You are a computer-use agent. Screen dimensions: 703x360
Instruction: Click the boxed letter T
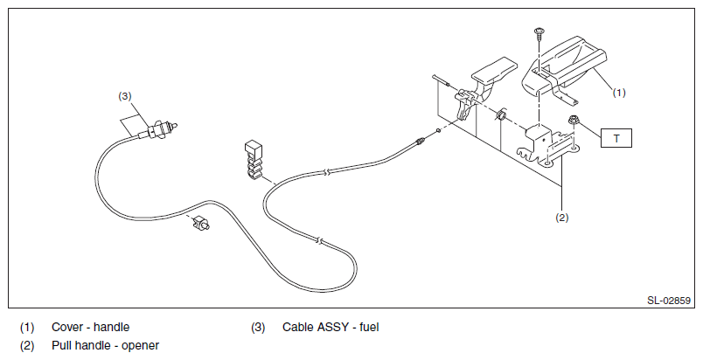616,138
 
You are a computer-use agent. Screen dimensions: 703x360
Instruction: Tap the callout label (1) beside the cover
619,93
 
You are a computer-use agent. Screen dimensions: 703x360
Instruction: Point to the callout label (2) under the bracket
561,218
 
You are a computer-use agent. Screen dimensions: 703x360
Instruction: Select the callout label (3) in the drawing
125,96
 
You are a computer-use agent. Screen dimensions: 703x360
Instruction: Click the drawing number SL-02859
669,301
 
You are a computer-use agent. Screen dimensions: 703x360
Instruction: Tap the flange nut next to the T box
573,120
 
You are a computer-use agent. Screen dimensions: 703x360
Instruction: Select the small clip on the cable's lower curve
201,223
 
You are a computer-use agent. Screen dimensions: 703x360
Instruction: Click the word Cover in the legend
66,328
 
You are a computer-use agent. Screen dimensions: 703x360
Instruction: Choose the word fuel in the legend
370,328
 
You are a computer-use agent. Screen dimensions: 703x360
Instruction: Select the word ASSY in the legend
334,328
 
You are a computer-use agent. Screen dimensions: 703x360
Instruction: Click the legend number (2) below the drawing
27,346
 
